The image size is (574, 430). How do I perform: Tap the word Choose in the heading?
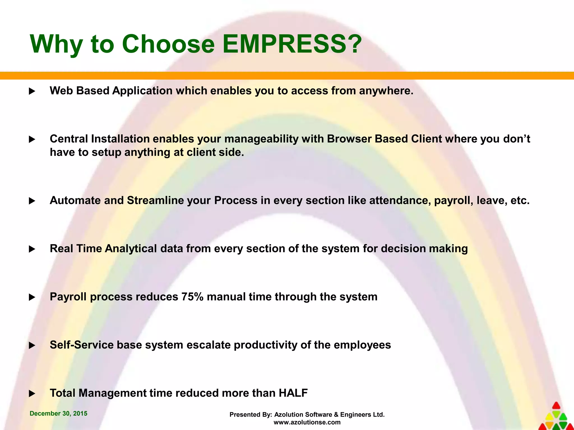(x=168, y=44)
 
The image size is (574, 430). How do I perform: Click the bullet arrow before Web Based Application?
(x=32, y=91)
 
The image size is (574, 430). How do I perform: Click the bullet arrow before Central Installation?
(x=32, y=139)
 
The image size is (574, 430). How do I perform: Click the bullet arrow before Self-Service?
(x=32, y=345)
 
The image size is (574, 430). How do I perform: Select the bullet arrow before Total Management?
(x=32, y=394)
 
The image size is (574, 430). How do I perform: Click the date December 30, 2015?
(x=58, y=413)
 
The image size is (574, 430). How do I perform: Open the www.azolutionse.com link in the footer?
(x=307, y=422)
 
